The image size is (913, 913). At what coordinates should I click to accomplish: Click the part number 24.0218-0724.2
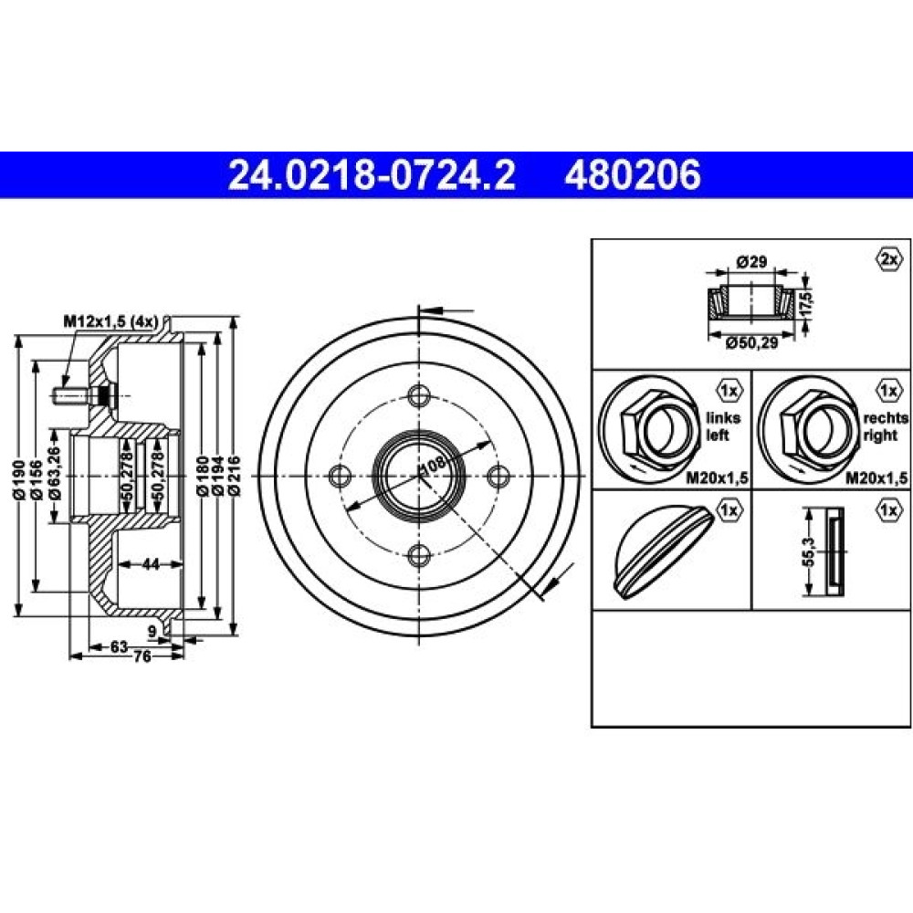[372, 174]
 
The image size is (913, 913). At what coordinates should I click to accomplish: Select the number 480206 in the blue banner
[633, 174]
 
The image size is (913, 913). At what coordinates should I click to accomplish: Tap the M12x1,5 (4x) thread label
[111, 320]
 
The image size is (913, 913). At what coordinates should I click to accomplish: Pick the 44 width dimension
[151, 563]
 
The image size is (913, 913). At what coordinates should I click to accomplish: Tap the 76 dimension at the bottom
[142, 656]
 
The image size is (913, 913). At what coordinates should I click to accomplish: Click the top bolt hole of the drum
[419, 396]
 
